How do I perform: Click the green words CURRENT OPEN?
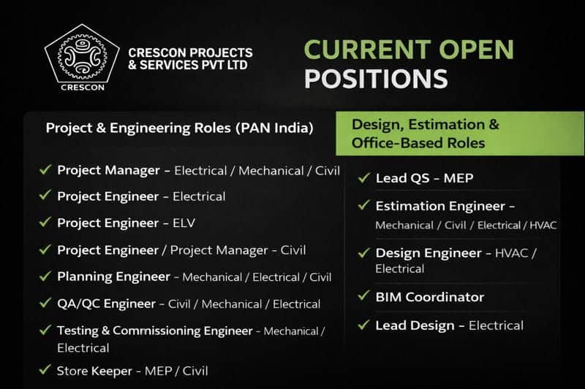coord(409,50)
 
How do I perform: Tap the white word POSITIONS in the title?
coord(365,78)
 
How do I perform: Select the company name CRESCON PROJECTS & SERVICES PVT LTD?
coord(190,59)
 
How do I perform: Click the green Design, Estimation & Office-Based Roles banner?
coord(460,134)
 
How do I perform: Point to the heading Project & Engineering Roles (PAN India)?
coord(179,128)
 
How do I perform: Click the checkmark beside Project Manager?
coord(45,170)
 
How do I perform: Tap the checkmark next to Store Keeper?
coord(45,370)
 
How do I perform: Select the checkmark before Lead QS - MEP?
coord(363,177)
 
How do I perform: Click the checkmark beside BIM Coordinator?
coord(363,296)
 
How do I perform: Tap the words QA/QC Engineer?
coord(106,303)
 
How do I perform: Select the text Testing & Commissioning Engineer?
coord(154,331)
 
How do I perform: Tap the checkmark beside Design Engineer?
coord(363,253)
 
